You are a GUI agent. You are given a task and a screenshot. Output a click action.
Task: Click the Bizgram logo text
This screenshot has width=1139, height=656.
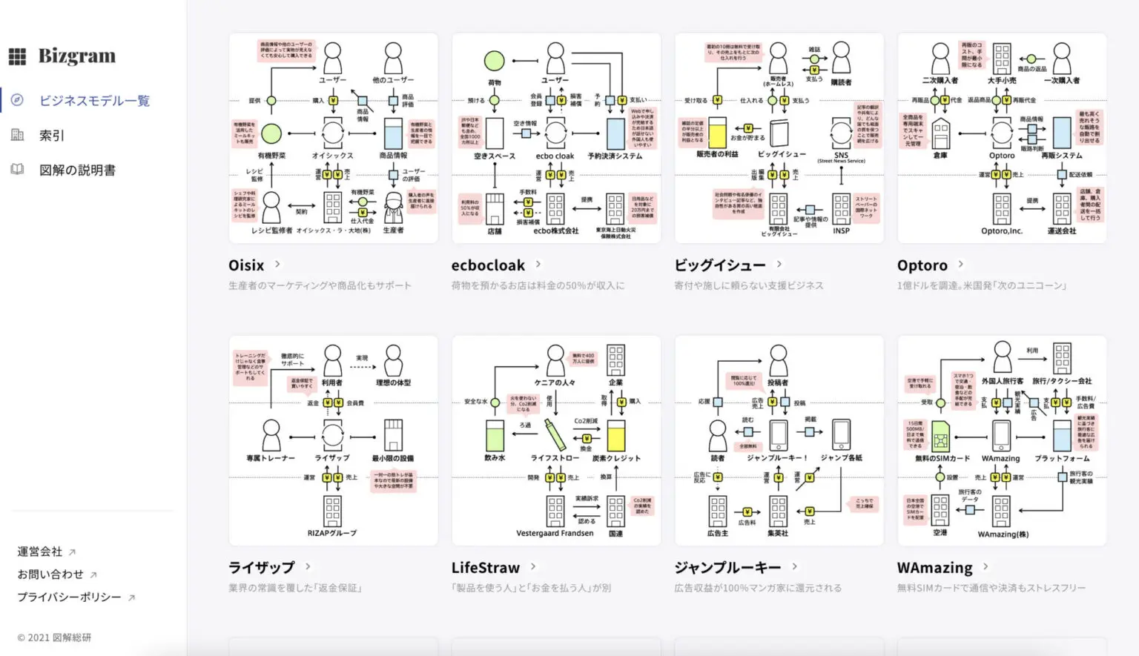(x=77, y=56)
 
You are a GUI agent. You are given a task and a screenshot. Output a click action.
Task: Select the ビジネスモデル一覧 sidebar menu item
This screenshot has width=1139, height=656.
(x=94, y=101)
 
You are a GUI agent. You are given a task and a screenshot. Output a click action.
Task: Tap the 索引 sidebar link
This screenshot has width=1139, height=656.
(x=52, y=136)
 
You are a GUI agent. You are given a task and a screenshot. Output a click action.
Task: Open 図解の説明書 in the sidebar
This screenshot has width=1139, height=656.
(x=77, y=170)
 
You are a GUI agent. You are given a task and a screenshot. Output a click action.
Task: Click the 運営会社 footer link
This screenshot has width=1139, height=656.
(x=41, y=551)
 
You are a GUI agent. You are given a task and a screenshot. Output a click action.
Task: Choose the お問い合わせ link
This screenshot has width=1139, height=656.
(x=51, y=574)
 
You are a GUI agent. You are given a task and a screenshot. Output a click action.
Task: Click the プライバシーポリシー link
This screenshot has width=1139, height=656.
(x=70, y=597)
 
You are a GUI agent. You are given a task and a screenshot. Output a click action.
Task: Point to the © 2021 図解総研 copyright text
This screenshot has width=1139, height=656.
(x=54, y=637)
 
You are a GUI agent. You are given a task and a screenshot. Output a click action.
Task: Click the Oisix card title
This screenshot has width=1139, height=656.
(x=246, y=265)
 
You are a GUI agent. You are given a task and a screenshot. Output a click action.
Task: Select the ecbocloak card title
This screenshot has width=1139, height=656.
(x=488, y=265)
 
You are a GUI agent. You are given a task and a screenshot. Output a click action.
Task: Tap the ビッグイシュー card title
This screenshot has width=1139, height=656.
(x=719, y=265)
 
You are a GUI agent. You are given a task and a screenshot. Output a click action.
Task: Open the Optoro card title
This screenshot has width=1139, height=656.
(x=922, y=265)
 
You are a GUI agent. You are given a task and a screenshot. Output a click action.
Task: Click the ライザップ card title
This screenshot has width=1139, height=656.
(x=262, y=568)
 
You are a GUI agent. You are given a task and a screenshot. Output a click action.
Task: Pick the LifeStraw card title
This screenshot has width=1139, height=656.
(x=486, y=568)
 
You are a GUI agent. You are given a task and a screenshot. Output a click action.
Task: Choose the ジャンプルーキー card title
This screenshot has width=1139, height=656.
(x=727, y=568)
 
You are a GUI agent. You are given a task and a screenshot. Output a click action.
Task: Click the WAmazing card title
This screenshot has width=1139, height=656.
(x=934, y=568)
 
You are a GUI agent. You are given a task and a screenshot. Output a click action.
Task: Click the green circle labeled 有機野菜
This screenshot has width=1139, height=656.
(x=271, y=133)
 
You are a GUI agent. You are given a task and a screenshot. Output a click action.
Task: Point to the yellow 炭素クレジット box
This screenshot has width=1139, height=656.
(x=616, y=436)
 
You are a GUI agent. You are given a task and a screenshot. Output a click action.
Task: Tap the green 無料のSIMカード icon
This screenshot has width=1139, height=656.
(x=940, y=437)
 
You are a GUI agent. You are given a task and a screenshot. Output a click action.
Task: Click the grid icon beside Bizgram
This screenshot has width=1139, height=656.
(x=17, y=56)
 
